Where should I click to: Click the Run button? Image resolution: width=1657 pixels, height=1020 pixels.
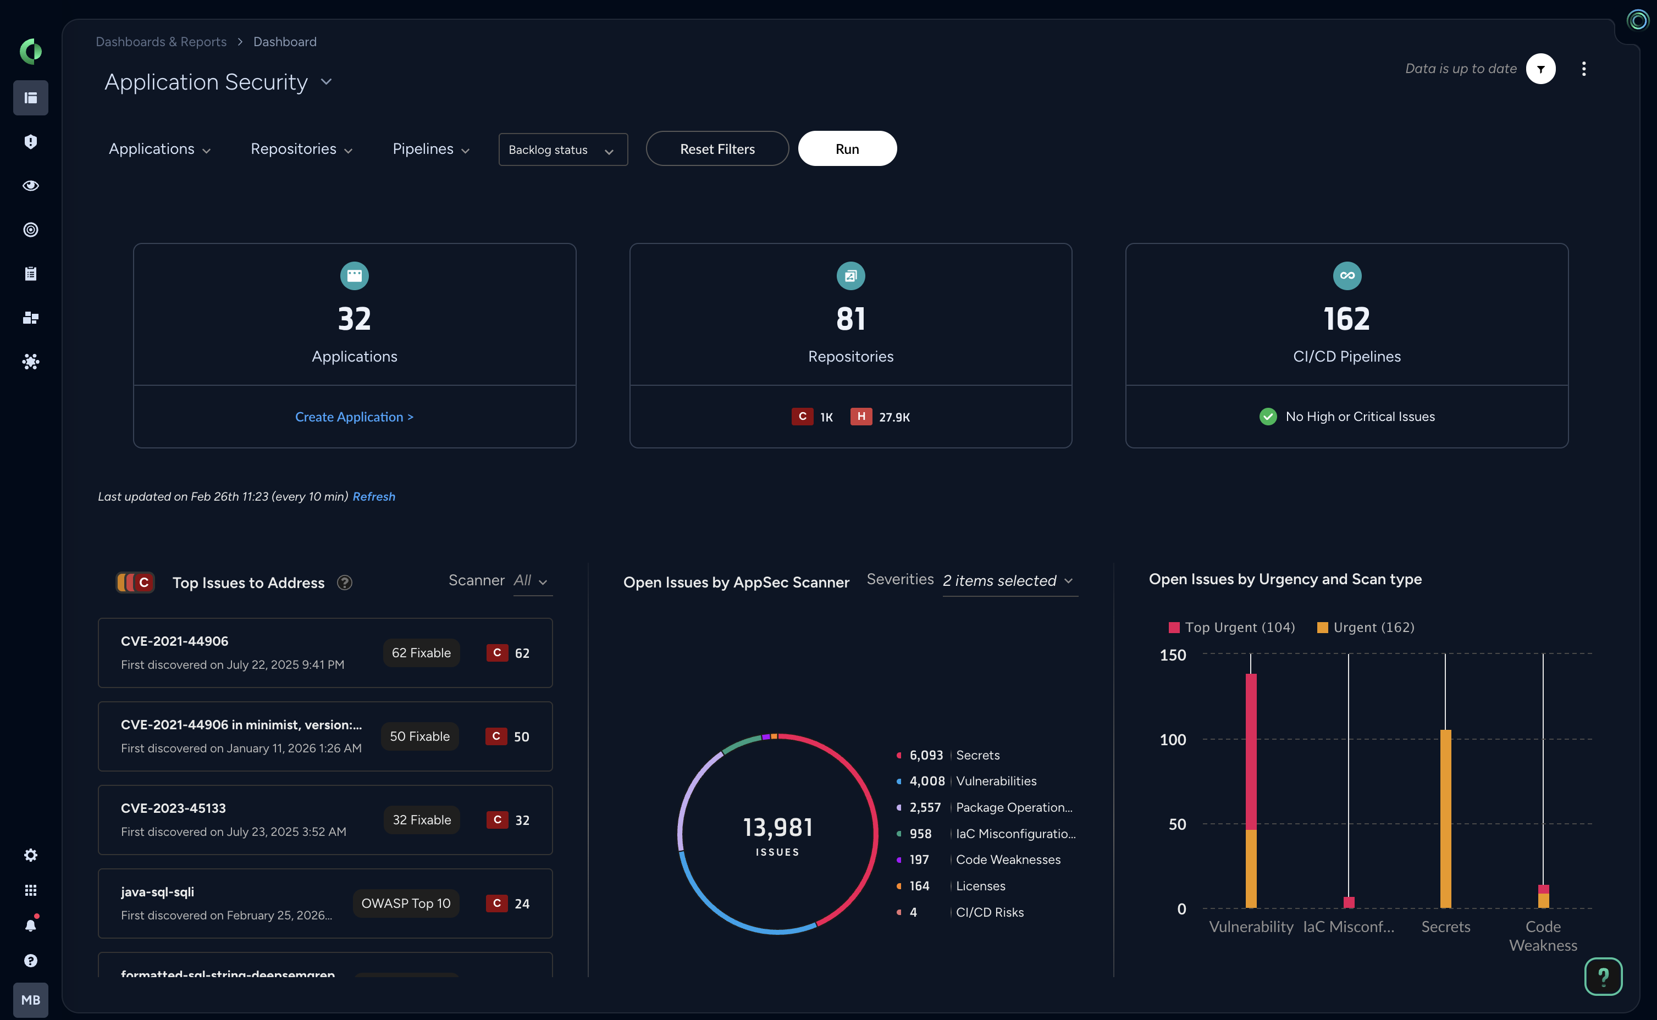click(x=847, y=149)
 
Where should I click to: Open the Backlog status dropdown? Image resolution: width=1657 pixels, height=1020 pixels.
click(x=562, y=150)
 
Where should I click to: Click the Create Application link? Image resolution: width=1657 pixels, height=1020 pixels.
click(x=354, y=417)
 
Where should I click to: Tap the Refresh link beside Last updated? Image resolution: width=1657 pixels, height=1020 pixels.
click(x=374, y=496)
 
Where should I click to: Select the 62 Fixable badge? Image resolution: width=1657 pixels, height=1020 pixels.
click(x=421, y=653)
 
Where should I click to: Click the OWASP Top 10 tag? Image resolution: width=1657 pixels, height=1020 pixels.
click(x=406, y=903)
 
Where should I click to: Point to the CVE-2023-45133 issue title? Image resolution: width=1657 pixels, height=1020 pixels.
click(x=173, y=808)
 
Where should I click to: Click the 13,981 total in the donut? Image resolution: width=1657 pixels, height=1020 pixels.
click(x=777, y=828)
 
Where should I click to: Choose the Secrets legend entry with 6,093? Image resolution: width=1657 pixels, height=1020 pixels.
click(x=977, y=755)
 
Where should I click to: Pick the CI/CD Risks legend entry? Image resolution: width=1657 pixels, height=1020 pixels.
click(x=989, y=912)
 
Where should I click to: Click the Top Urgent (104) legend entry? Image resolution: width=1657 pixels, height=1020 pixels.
click(x=1232, y=628)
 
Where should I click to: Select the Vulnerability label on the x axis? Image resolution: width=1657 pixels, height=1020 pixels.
click(x=1251, y=927)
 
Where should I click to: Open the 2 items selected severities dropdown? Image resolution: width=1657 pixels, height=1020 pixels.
click(x=1009, y=581)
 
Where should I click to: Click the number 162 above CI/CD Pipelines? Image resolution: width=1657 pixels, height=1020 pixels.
click(x=1346, y=318)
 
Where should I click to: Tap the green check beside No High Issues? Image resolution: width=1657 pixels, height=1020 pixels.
click(x=1268, y=417)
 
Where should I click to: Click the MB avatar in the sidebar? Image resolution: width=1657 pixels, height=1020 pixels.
click(x=30, y=1000)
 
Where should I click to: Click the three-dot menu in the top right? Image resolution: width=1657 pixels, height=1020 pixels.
click(x=1583, y=69)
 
